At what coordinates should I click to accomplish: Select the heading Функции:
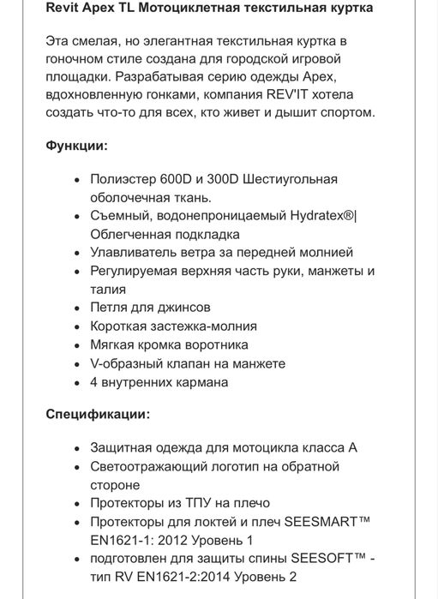tap(76, 146)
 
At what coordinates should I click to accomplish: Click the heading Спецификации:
tap(96, 414)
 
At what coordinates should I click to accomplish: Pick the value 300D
tap(233, 179)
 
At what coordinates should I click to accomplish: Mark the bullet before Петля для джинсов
tap(77, 308)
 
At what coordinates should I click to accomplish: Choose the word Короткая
tap(120, 326)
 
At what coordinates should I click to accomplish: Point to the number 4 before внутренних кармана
tap(93, 381)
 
